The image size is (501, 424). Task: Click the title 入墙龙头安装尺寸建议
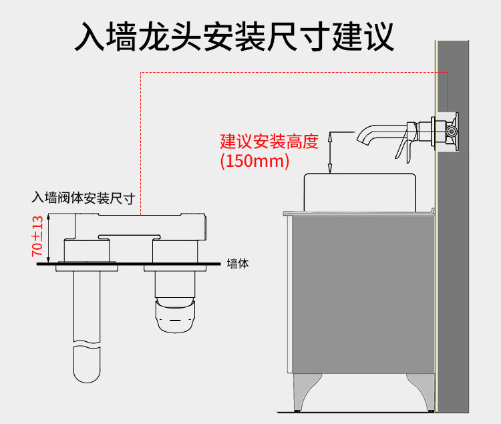233,36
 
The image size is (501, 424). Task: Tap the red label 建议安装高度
269,142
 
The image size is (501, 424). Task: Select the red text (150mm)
255,161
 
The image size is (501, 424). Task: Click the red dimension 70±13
37,237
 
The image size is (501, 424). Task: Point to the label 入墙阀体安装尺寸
84,198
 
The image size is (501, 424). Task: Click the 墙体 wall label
238,264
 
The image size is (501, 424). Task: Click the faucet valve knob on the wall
452,132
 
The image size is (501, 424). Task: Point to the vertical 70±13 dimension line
49,237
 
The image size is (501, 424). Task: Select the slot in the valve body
130,236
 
